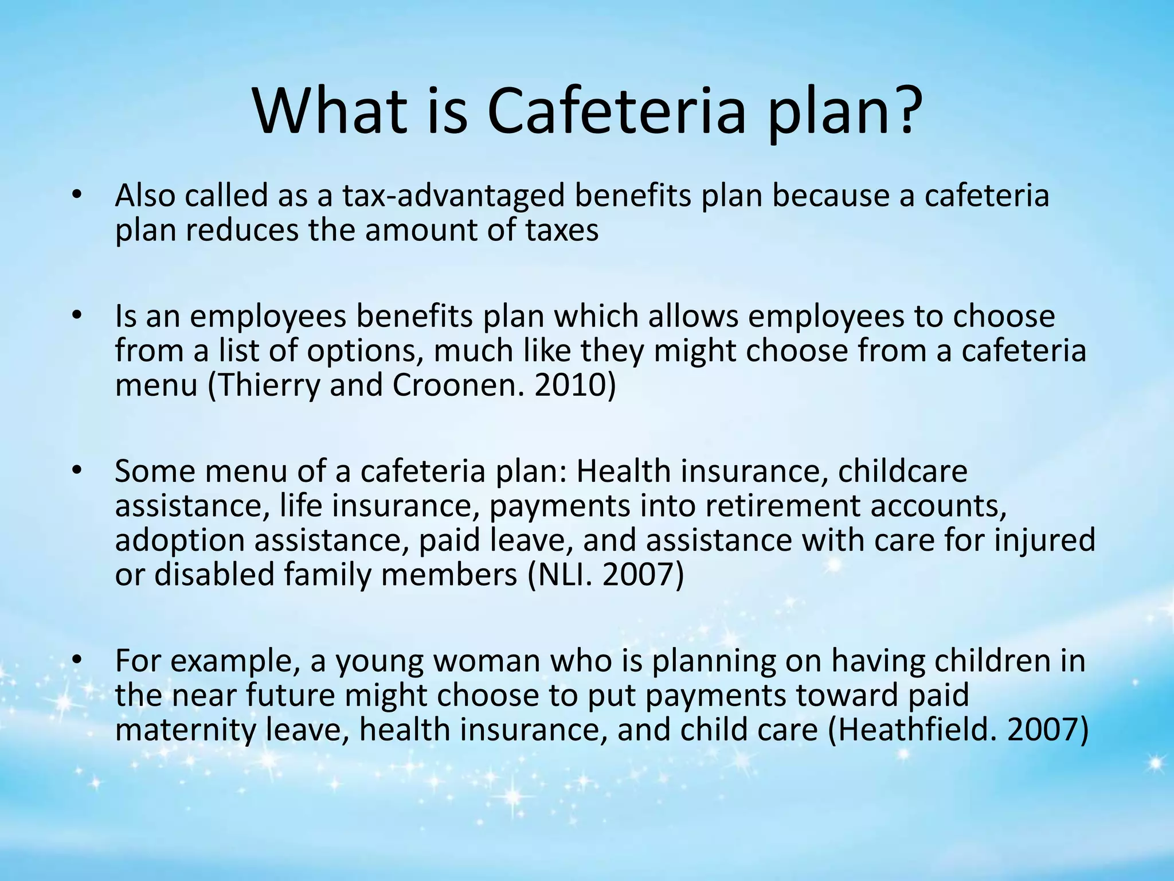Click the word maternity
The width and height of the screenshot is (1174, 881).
pyautogui.click(x=186, y=730)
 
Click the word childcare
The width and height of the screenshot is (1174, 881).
pyautogui.click(x=902, y=471)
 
